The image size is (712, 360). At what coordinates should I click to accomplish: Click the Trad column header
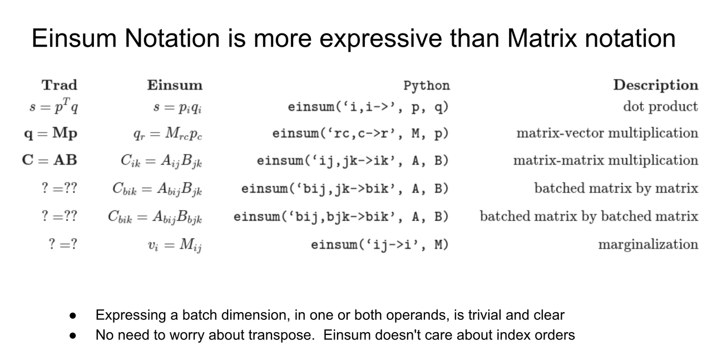pos(60,85)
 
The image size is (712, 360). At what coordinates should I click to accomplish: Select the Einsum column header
pos(175,85)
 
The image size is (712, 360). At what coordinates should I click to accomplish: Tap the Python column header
pos(427,86)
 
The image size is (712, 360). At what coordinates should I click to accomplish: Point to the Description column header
pos(656,85)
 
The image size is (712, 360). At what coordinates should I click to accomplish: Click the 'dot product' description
pos(660,106)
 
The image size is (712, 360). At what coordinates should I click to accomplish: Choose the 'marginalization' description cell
pos(648,244)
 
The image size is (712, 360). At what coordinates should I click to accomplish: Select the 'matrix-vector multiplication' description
pos(607,133)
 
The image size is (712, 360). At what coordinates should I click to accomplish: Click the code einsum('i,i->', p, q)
pos(368,107)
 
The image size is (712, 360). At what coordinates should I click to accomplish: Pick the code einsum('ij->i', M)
pos(380,245)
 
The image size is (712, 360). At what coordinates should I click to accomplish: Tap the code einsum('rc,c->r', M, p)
pos(360,133)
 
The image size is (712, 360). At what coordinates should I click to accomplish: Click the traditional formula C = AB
pos(50,160)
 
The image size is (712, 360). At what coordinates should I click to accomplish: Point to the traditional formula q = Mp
pos(51,133)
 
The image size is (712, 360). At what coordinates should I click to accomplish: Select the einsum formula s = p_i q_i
pos(177,107)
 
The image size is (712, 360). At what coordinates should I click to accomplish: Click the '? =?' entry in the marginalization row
pos(63,244)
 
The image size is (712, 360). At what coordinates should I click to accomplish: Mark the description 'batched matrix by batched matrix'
pos(589,216)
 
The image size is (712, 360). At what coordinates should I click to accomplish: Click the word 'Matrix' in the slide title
pos(542,38)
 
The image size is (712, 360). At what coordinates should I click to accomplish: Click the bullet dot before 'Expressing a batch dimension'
pos(73,315)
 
